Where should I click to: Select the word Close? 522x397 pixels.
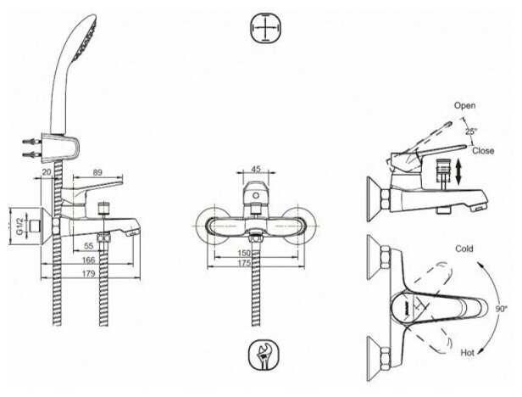pyautogui.click(x=484, y=150)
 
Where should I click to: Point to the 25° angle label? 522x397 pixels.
pyautogui.click(x=470, y=131)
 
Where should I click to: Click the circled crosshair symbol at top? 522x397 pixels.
pyautogui.click(x=264, y=30)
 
